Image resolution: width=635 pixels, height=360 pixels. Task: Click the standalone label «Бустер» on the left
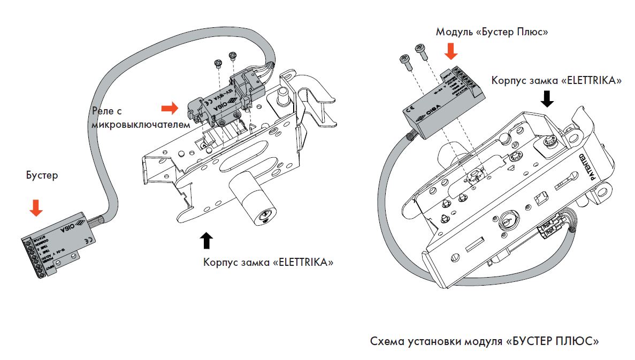tap(42, 175)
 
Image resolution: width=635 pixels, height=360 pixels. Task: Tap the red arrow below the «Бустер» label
tap(36, 207)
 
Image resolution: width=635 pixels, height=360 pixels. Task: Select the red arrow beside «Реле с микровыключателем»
tap(170, 109)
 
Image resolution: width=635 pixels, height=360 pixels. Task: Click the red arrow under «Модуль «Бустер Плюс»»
tap(452, 51)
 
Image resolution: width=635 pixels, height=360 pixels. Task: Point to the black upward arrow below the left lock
tap(208, 241)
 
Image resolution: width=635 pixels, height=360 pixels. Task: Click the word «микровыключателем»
tap(141, 125)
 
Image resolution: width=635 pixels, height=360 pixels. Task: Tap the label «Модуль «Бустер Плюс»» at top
tap(492, 32)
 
